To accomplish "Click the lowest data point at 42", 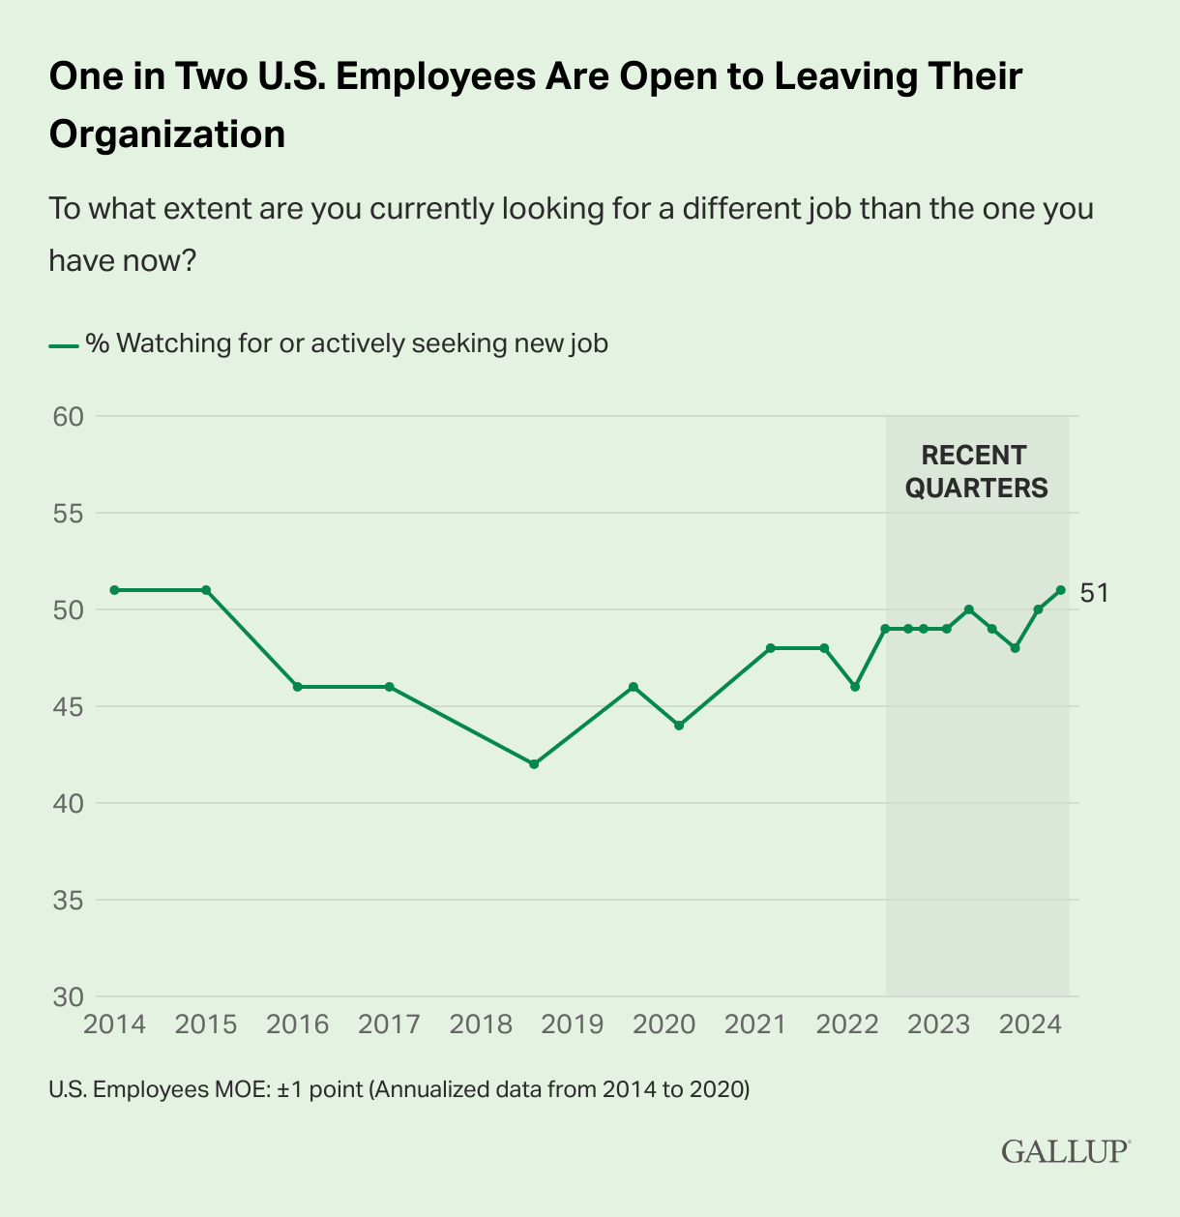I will coord(533,764).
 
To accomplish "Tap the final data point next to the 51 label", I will coord(1061,590).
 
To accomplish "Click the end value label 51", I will coord(1094,593).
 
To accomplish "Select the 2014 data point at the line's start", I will coord(114,590).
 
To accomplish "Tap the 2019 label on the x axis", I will coord(573,1024).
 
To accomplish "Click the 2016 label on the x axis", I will coord(298,1024).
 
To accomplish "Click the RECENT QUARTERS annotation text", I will coord(975,471).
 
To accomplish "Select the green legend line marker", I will coord(63,344).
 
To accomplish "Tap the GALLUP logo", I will coord(1065,1151).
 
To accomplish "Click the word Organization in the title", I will coord(167,134).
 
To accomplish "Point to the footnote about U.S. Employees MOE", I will coord(398,1089).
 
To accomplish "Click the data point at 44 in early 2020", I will coord(679,726).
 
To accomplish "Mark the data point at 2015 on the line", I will coord(206,590).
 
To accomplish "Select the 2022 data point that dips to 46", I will coord(855,687).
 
